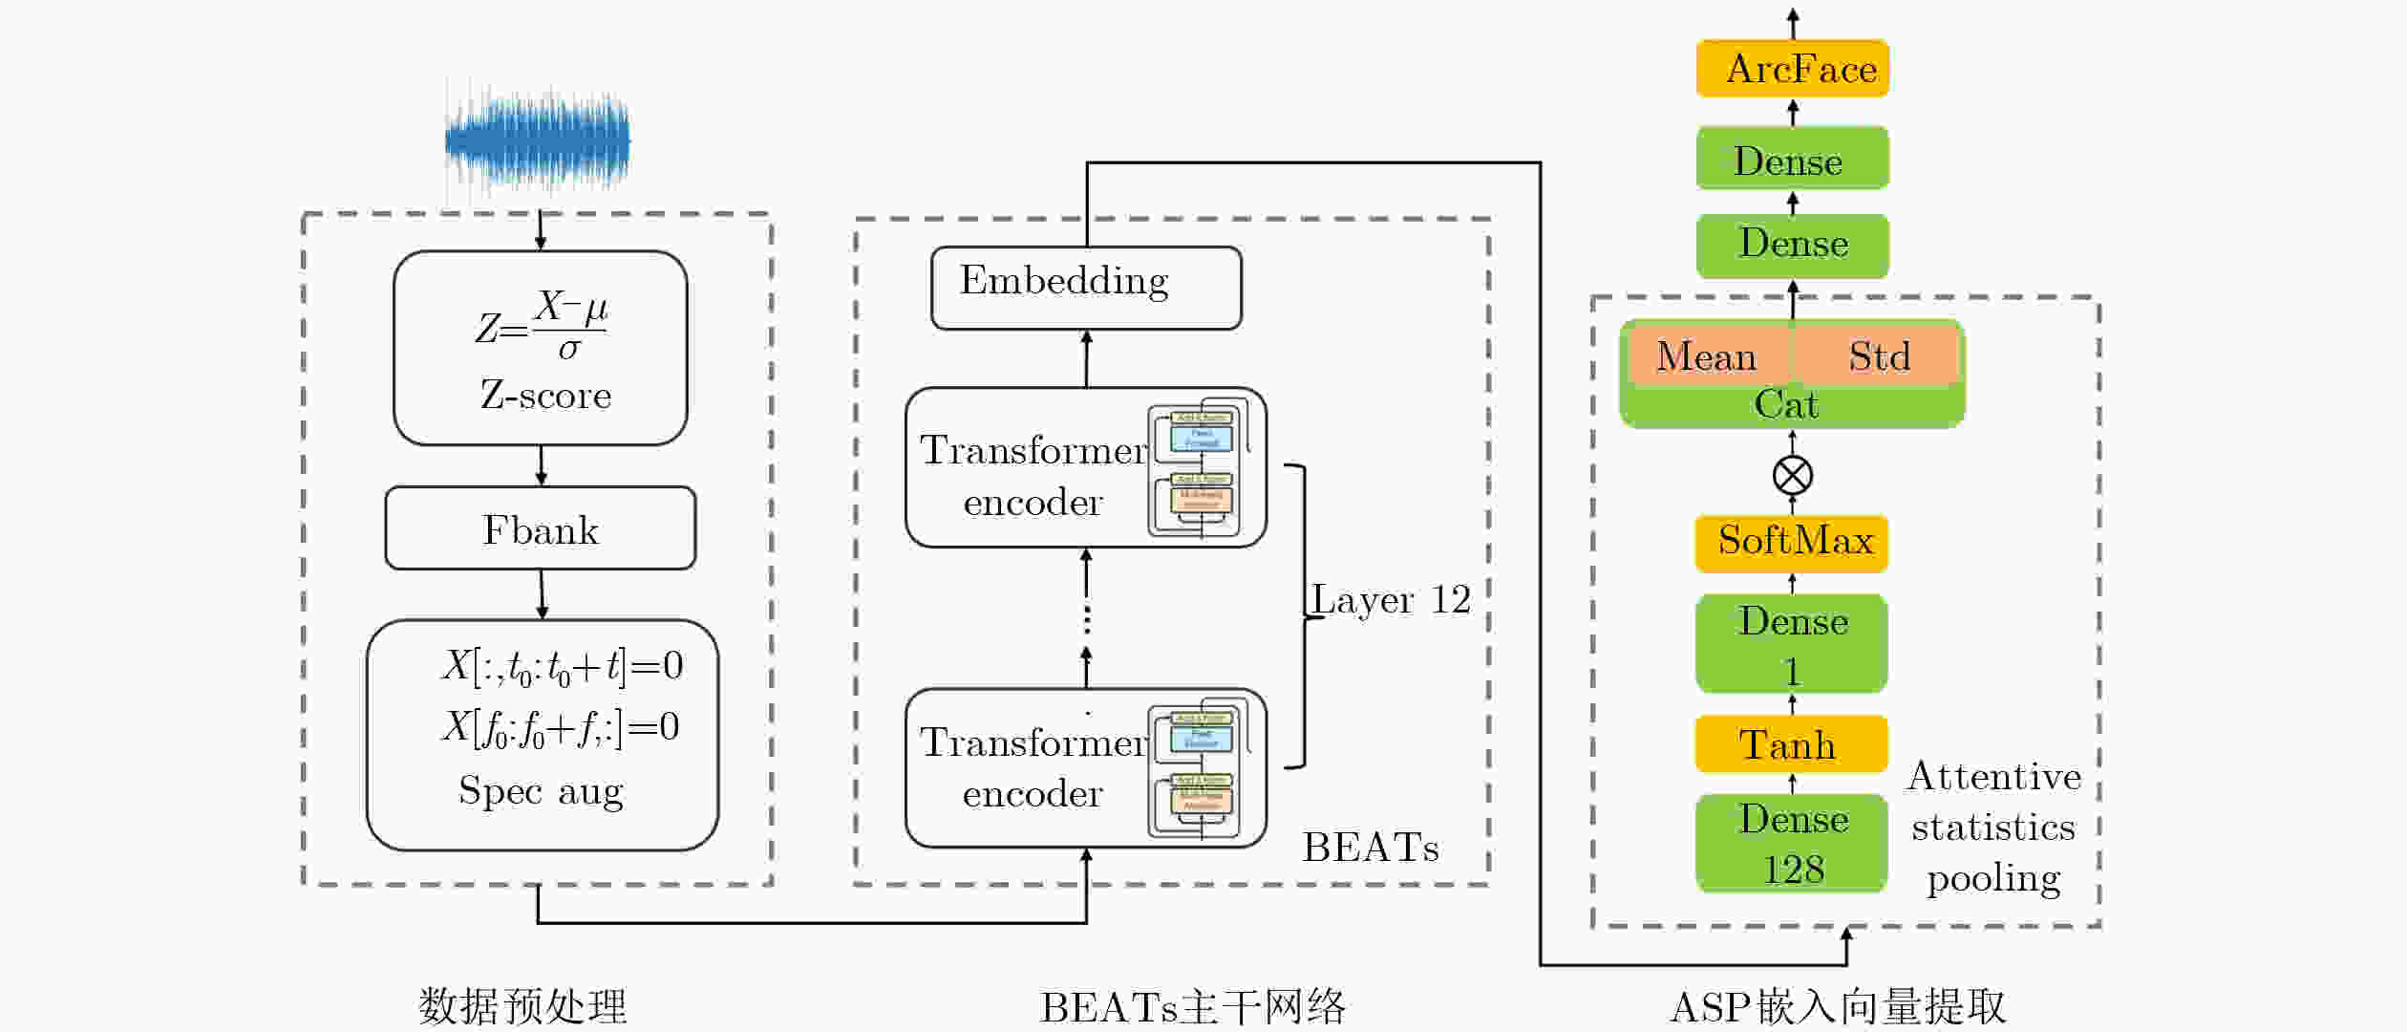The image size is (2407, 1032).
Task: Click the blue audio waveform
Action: point(538,141)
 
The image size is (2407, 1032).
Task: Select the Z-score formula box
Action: point(541,348)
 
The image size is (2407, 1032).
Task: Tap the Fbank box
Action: point(541,529)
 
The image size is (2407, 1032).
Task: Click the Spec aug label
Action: point(541,791)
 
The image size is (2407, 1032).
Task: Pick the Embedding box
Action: point(1086,288)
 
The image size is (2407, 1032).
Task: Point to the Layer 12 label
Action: point(1391,600)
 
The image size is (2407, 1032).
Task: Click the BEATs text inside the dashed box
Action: point(1371,848)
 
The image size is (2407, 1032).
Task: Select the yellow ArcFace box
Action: point(1793,69)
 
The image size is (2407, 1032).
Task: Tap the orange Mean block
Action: point(1707,356)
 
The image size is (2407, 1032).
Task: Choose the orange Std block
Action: point(1879,356)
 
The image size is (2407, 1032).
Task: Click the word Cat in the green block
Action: point(1786,405)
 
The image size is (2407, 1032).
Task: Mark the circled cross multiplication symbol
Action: point(1793,476)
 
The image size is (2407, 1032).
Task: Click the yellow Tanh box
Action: point(1791,744)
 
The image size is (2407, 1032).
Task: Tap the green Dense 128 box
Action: point(1792,844)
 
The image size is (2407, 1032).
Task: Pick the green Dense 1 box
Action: point(1792,644)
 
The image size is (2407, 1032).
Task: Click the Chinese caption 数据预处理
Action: point(522,1006)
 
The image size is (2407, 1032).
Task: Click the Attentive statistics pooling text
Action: point(1993,828)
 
